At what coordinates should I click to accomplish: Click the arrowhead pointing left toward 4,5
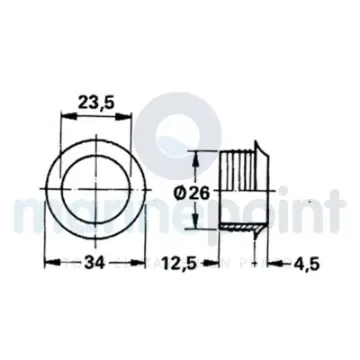277,263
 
